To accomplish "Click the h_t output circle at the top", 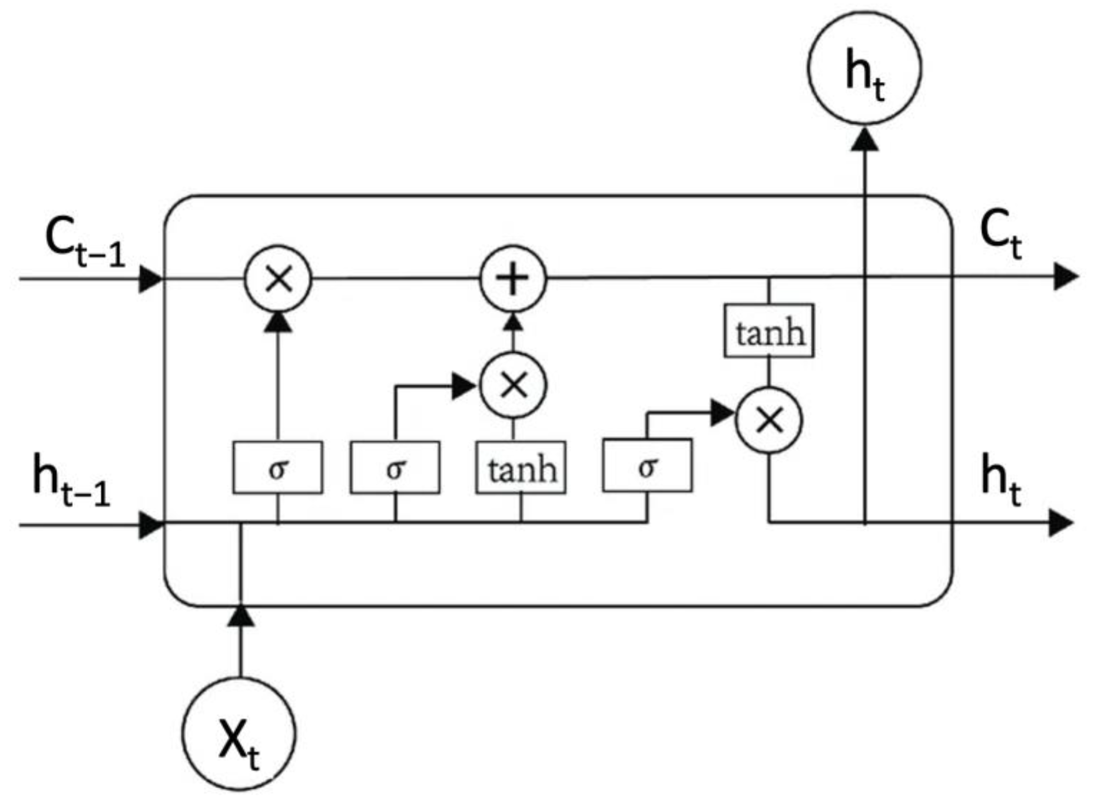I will (x=864, y=68).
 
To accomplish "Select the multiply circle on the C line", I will (x=278, y=280).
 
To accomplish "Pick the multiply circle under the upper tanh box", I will (x=768, y=421).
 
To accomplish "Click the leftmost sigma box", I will (x=278, y=468).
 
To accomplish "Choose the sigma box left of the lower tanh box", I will (x=395, y=468).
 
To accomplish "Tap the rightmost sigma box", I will (x=647, y=466).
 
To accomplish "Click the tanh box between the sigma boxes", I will (x=520, y=468).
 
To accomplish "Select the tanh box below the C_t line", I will (x=768, y=331).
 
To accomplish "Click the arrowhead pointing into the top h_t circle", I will (x=865, y=140).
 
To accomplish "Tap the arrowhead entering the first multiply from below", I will (x=278, y=322).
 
